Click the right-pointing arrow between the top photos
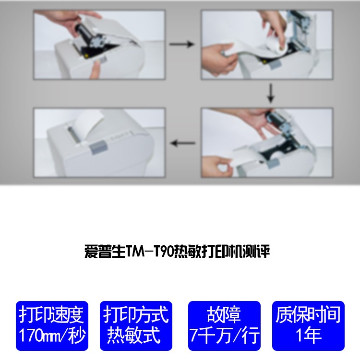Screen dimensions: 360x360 pyautogui.click(x=181, y=45)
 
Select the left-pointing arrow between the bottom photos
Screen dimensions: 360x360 pyautogui.click(x=183, y=143)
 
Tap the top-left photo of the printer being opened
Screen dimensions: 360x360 pyautogui.click(x=99, y=45)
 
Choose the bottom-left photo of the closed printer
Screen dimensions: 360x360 pyautogui.click(x=99, y=143)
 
